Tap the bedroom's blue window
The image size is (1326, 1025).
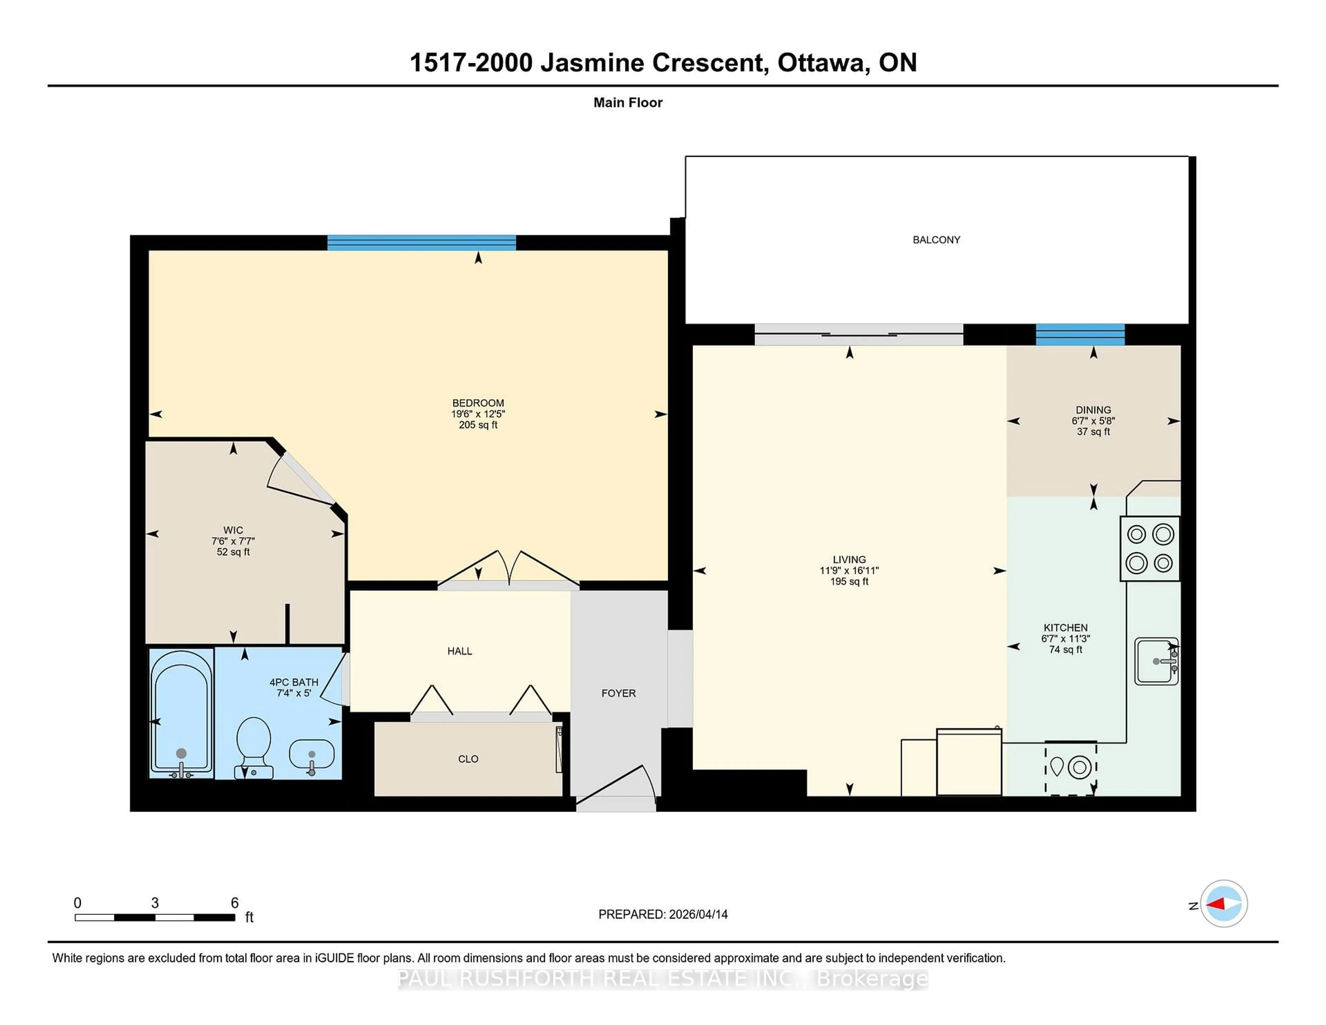[421, 243]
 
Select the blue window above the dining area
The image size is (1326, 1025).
[1079, 335]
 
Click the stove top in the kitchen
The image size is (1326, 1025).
[1149, 548]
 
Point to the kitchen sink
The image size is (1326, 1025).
[1156, 661]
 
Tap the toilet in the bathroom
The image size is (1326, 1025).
[253, 746]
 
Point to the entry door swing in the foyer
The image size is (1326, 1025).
[619, 786]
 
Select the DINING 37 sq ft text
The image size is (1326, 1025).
[1093, 432]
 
